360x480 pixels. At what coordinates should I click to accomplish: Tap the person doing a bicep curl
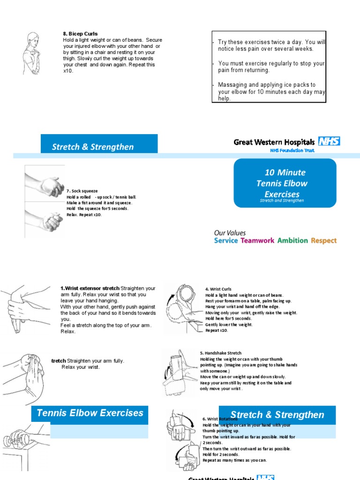point(32,53)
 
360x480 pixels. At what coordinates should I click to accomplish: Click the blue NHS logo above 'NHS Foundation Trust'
point(329,142)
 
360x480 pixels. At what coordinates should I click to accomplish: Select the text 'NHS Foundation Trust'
point(292,150)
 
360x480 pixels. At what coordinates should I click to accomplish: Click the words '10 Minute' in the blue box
point(285,172)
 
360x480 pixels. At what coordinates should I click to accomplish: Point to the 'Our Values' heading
point(230,232)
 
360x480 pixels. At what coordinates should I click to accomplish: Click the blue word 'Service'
point(226,240)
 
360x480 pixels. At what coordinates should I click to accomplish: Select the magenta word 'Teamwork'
point(257,240)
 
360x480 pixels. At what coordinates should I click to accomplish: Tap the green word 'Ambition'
point(292,240)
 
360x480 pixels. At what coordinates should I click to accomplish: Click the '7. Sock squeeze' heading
point(82,191)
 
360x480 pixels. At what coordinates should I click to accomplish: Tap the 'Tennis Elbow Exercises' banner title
point(90,413)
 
